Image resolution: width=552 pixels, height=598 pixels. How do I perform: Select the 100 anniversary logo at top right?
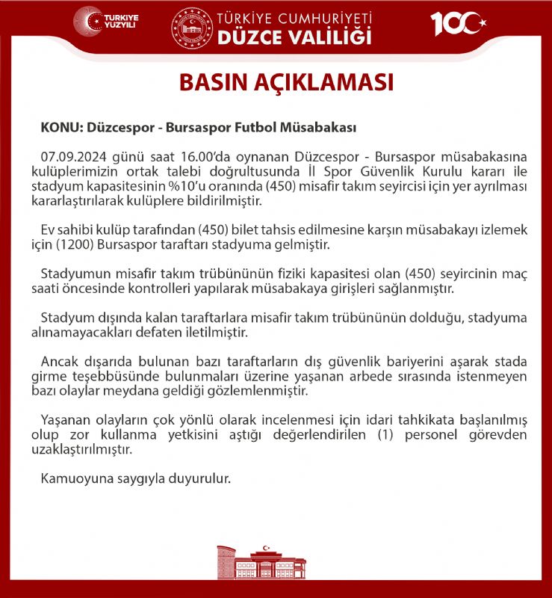tap(457, 23)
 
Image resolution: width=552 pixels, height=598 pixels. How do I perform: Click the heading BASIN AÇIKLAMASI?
tap(286, 82)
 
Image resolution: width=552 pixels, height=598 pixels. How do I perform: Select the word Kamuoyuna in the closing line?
tap(73, 478)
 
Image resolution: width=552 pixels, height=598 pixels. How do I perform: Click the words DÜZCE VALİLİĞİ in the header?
tap(294, 36)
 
